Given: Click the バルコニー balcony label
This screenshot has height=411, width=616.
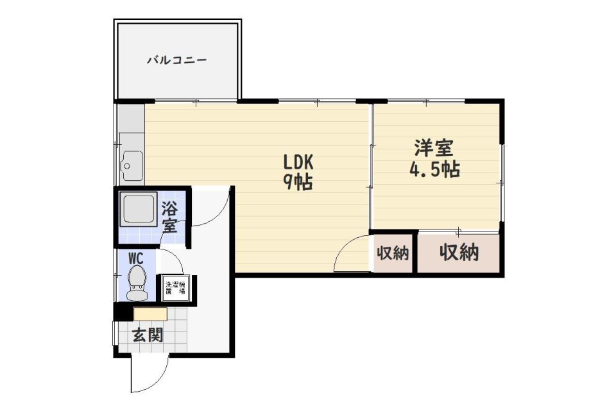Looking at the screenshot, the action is [x=177, y=60].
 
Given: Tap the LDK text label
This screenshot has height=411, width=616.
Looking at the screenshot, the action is [x=298, y=162].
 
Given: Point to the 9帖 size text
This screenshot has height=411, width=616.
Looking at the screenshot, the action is [x=298, y=181].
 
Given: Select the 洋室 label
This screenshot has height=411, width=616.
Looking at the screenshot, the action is [x=434, y=148].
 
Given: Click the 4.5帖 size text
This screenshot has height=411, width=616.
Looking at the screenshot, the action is [x=434, y=169].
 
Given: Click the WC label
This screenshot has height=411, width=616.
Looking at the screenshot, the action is [x=136, y=258].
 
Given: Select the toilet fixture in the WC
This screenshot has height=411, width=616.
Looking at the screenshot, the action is [x=136, y=283].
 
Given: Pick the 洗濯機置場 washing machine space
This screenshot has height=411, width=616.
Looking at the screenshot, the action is [x=175, y=289].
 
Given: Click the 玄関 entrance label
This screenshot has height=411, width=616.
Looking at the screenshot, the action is [x=148, y=335].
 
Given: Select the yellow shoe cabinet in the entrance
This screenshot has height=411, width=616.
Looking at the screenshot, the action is [x=150, y=314].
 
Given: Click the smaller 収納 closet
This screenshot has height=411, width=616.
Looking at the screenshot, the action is [x=393, y=253].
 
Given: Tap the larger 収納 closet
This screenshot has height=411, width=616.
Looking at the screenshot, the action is [x=458, y=253].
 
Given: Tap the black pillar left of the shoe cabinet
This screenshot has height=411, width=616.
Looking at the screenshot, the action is [x=123, y=311].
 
